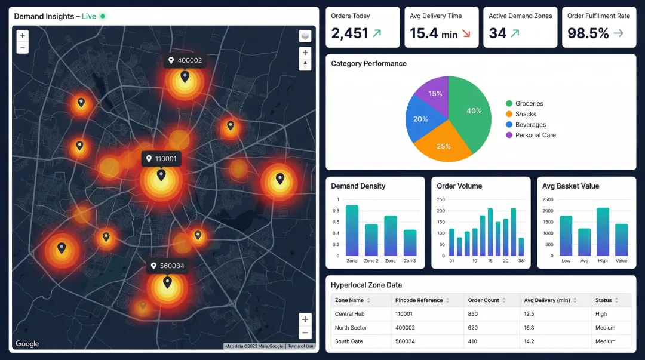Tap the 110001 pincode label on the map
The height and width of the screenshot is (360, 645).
(161, 159)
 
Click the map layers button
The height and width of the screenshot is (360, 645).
(305, 36)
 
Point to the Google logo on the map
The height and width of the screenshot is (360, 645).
(27, 344)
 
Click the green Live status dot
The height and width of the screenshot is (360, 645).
(103, 16)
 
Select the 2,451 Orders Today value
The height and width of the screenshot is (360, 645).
(349, 34)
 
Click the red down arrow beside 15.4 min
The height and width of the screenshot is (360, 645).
(466, 34)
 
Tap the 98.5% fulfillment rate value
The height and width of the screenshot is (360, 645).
(588, 34)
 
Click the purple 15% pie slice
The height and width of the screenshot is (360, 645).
(434, 94)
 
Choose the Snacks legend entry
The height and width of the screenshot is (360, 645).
(526, 114)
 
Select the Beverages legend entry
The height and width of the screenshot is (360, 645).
(530, 125)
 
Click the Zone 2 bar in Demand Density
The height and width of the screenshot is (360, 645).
(371, 240)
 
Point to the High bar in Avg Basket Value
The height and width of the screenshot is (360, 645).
(603, 232)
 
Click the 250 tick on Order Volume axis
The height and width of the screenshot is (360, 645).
(441, 199)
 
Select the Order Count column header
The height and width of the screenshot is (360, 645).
(484, 300)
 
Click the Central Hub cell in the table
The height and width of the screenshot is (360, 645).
(349, 314)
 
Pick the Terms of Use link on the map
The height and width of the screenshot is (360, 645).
(300, 346)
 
